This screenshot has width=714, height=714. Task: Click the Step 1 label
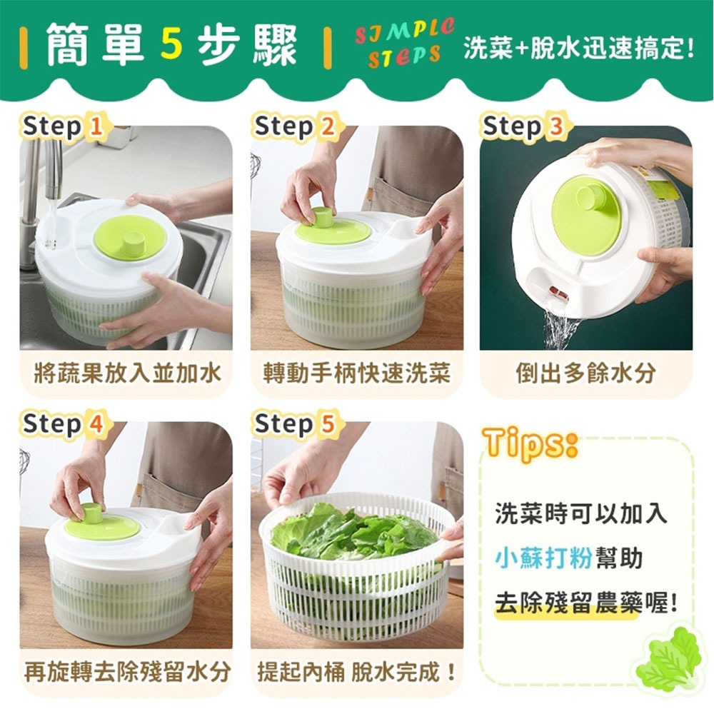tap(63, 127)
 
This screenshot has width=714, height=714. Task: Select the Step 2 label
tap(294, 127)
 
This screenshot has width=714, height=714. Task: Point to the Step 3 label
tap(523, 127)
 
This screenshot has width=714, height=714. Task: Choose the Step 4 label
tap(63, 424)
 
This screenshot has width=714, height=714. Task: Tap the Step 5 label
tap(294, 424)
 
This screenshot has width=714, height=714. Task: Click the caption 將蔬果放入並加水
tap(128, 373)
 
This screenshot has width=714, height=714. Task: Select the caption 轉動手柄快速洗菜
tap(356, 373)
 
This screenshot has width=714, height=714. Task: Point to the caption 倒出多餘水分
tap(585, 373)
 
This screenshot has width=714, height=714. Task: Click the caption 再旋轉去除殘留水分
tap(128, 671)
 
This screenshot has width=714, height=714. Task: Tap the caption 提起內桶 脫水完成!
tap(356, 671)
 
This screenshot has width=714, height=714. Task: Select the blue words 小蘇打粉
tap(543, 558)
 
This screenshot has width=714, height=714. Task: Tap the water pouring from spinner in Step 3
tap(560, 328)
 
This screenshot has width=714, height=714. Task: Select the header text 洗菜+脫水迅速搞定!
tap(578, 49)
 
